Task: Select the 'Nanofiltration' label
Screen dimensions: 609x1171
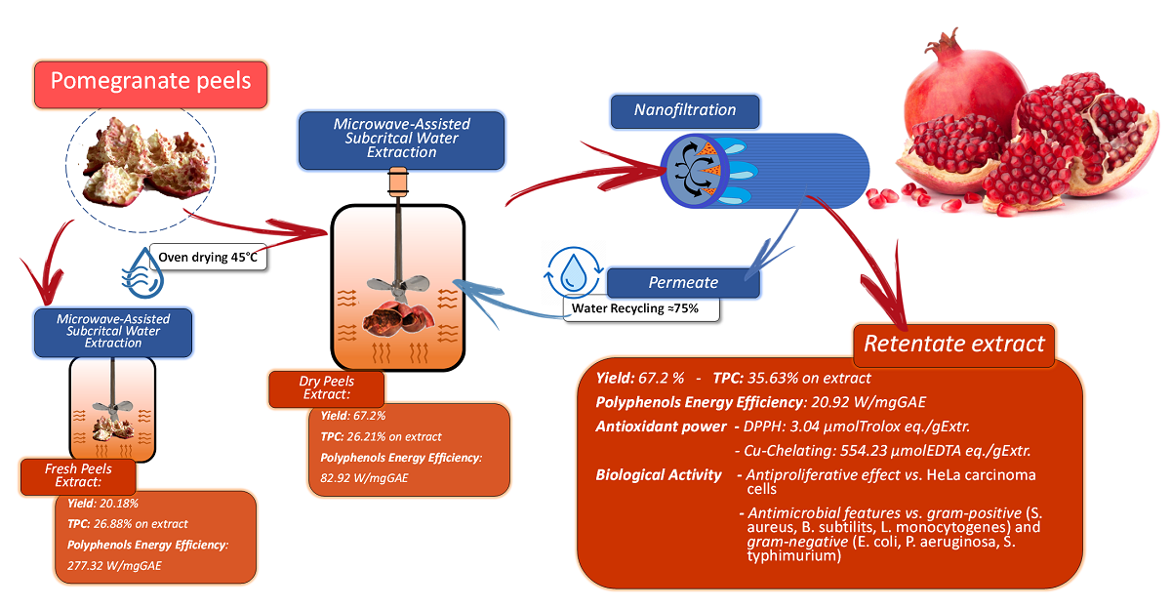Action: tap(685, 111)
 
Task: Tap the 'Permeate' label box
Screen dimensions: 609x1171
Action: tap(683, 283)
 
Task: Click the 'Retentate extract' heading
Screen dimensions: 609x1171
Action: tap(953, 345)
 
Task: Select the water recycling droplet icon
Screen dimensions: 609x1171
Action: tap(575, 276)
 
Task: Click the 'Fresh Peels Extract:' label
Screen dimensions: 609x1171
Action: tap(78, 477)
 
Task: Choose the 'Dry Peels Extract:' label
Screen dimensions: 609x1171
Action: tap(326, 387)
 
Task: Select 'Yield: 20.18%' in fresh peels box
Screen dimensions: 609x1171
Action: tap(97, 505)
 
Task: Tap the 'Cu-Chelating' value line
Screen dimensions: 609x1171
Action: tap(882, 451)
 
